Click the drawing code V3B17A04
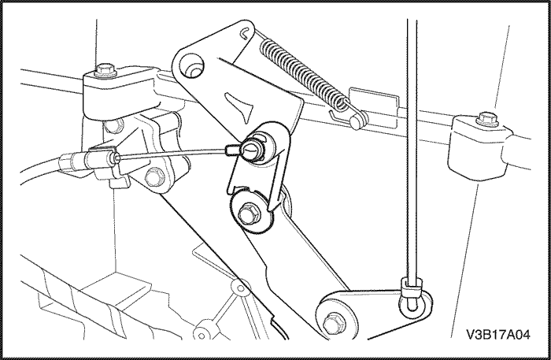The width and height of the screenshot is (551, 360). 498,335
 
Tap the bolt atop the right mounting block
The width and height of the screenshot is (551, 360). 487,118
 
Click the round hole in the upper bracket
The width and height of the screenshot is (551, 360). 191,65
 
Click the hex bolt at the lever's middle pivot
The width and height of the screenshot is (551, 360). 250,213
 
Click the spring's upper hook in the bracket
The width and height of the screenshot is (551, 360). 246,32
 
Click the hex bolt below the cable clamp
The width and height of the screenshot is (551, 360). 154,176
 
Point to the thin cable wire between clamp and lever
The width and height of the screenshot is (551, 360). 172,154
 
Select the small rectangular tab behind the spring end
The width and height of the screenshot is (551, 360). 374,106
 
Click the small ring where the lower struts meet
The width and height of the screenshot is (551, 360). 240,288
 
